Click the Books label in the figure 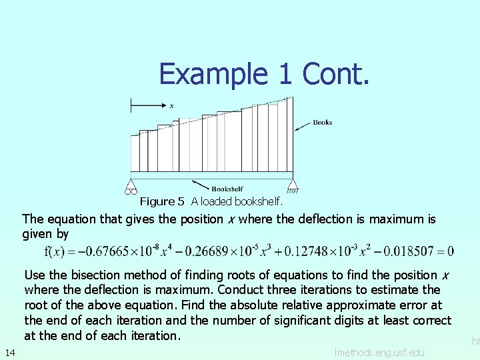point(322,122)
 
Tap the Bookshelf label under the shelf point(227,189)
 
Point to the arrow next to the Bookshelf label point(200,185)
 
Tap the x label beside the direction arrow point(171,105)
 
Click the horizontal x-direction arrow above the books point(147,105)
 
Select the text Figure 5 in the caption point(162,201)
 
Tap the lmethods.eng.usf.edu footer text point(379,351)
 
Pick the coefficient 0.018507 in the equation point(413,251)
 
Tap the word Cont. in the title point(335,74)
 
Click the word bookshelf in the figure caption point(260,201)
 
